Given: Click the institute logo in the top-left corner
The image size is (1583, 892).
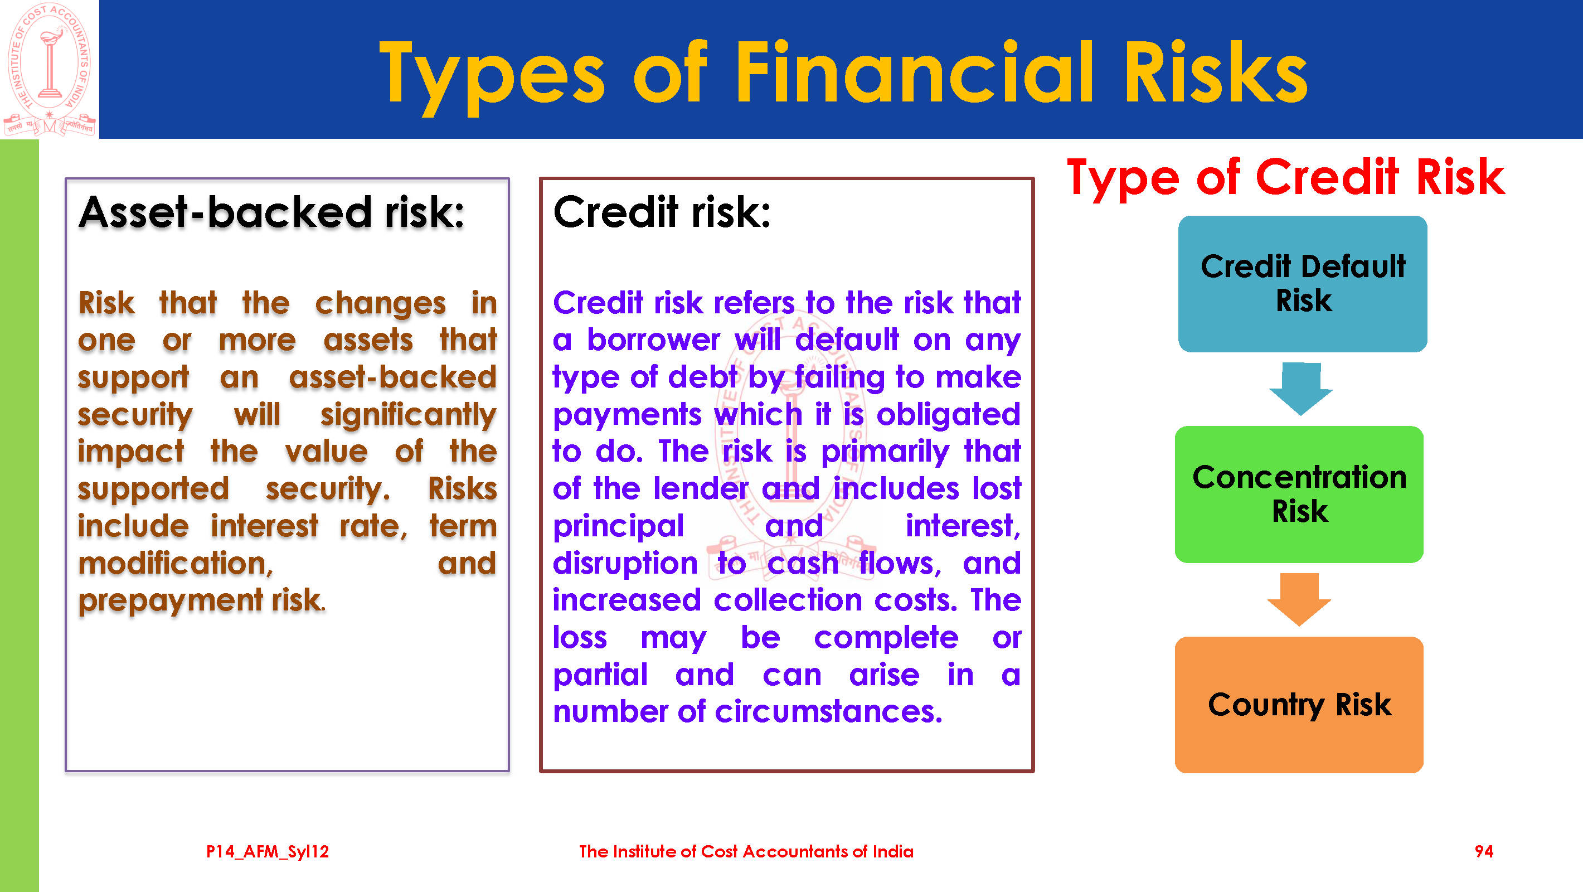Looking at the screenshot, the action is [x=49, y=69].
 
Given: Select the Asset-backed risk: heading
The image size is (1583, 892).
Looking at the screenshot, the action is [x=271, y=212].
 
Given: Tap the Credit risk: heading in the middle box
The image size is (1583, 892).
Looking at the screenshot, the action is [x=662, y=212].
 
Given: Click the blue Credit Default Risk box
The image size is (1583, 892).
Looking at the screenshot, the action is [x=1302, y=283].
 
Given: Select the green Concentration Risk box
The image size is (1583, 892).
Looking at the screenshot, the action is [x=1299, y=495].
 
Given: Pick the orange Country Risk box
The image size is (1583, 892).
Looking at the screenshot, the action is [x=1299, y=705].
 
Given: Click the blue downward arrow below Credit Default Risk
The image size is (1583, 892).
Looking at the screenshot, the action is [x=1301, y=389].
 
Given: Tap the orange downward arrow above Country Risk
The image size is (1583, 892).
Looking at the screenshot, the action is [x=1299, y=599].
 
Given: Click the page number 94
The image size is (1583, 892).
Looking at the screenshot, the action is [x=1483, y=851].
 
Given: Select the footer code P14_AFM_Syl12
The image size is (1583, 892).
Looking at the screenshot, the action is [x=268, y=852].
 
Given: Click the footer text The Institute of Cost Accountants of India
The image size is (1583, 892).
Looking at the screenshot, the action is [x=746, y=851].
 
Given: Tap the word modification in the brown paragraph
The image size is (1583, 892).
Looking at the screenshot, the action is [x=176, y=564].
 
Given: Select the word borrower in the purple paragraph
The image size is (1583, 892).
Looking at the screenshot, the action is [x=653, y=340].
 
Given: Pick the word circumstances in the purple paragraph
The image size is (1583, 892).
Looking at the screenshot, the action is [x=828, y=712].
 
